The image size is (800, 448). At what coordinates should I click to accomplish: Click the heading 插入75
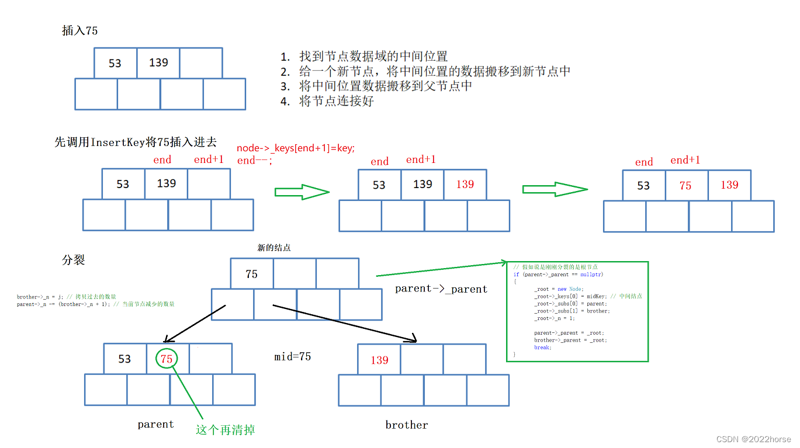tap(80, 31)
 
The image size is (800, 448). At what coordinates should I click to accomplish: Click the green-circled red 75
tap(167, 359)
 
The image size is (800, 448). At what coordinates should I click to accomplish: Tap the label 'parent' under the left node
tap(155, 424)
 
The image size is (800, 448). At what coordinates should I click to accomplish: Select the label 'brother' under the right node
tap(407, 425)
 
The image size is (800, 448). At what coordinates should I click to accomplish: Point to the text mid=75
tap(292, 356)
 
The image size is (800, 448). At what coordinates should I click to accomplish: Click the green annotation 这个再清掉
tap(226, 430)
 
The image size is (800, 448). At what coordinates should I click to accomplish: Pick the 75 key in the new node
tap(252, 274)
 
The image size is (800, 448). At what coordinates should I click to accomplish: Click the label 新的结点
tap(274, 248)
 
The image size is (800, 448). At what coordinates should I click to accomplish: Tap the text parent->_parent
tap(441, 289)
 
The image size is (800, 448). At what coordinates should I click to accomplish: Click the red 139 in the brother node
tap(379, 360)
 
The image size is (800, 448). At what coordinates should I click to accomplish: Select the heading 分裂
tap(74, 260)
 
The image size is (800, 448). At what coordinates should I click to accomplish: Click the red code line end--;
tap(255, 161)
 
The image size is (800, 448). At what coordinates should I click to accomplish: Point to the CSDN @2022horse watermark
tap(754, 439)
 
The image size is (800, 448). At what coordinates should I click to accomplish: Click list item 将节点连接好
tap(336, 101)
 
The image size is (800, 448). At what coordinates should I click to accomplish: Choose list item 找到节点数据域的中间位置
tap(373, 57)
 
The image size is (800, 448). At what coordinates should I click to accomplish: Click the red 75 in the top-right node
tap(685, 186)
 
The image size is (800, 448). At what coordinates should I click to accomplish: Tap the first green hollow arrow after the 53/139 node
tap(302, 192)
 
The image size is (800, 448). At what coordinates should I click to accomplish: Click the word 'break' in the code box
tap(542, 348)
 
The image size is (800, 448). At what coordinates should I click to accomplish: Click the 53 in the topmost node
tap(115, 63)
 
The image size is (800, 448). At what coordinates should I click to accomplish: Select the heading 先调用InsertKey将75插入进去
tap(136, 142)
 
